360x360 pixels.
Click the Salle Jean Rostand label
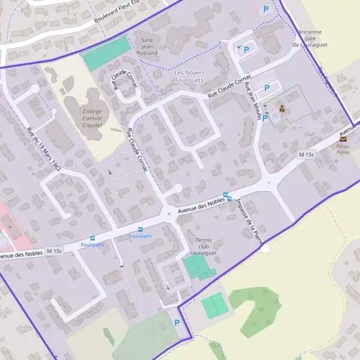click(x=148, y=46)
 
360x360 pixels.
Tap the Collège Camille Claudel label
click(x=92, y=118)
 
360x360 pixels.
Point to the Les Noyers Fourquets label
click(x=189, y=77)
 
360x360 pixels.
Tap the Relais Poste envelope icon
click(x=343, y=138)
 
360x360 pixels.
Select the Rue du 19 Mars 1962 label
click(x=44, y=147)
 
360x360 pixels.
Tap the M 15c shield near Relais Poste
click(x=306, y=155)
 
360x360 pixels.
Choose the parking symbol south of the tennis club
click(x=176, y=323)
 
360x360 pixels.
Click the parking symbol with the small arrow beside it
click(x=246, y=50)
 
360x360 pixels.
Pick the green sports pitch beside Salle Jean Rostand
click(x=106, y=53)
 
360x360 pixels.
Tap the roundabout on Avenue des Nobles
click(x=170, y=212)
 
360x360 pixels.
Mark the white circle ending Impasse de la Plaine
click(x=265, y=247)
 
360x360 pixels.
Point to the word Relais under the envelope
click(x=343, y=146)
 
